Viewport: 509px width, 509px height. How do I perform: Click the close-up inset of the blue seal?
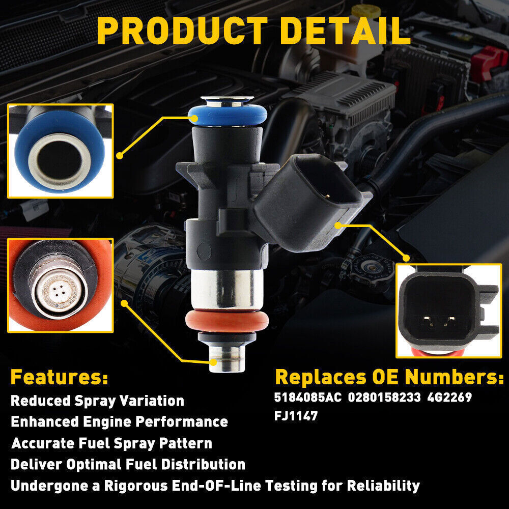coord(60,151)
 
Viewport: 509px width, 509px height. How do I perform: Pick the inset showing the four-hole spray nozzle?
coord(60,285)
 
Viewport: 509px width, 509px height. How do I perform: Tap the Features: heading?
coord(59,378)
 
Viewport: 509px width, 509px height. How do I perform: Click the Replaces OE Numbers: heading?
coord(389,378)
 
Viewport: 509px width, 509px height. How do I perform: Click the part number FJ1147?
coord(296,416)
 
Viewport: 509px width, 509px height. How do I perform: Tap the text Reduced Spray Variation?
coord(97,401)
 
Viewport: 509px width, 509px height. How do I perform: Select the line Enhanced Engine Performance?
coord(119,422)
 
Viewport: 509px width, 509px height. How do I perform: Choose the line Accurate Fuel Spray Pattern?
coord(111,443)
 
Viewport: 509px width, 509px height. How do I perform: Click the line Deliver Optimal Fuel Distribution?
coord(128,464)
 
